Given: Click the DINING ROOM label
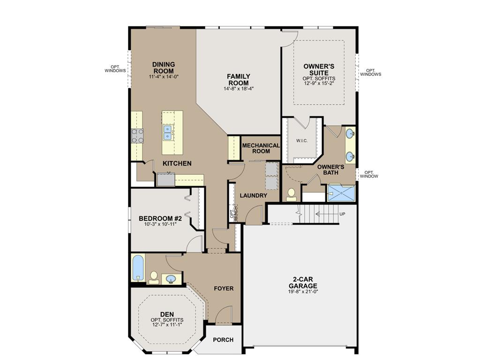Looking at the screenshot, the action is pos(164,67).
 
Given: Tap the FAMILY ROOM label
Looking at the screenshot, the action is pos(239,80).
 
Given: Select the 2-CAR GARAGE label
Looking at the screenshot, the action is pos(303,283).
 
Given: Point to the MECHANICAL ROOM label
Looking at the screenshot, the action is pos(261,149).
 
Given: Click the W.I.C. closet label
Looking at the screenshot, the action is pos(302,141).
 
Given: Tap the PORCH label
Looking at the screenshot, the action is pos(223,340).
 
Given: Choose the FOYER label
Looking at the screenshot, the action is pos(224,288).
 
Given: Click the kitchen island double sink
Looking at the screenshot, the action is pos(167,133).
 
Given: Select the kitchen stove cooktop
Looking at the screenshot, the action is pos(137,135).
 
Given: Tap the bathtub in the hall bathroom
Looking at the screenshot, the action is pos(138,268).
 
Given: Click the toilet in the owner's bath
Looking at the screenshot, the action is pos(291,195).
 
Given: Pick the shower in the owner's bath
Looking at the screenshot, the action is pos(341,193).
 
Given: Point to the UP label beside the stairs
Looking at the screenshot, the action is pos(342,214).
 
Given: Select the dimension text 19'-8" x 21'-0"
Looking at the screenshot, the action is pos(303,292).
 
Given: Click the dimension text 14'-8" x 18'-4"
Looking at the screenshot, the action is pos(239,89).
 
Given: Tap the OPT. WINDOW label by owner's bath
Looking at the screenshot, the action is pos(369,174).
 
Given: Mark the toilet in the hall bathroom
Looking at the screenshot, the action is pos(154,277).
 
